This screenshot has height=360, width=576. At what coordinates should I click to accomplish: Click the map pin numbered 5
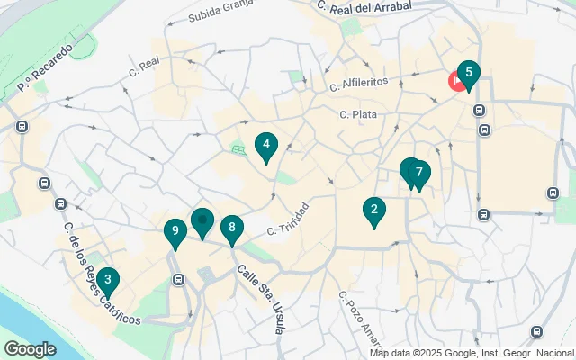[468, 74]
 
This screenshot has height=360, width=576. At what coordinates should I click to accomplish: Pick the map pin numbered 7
[419, 173]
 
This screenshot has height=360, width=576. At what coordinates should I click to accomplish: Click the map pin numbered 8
[232, 228]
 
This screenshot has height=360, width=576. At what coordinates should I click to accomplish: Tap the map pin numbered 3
[107, 280]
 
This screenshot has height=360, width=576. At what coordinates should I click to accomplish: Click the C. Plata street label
[358, 114]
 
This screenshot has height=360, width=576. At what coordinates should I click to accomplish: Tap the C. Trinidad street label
[288, 220]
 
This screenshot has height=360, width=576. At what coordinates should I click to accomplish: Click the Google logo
[30, 348]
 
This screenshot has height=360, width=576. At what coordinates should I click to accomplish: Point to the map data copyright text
[472, 353]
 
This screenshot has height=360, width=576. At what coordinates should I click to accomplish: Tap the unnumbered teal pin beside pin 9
[202, 220]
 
